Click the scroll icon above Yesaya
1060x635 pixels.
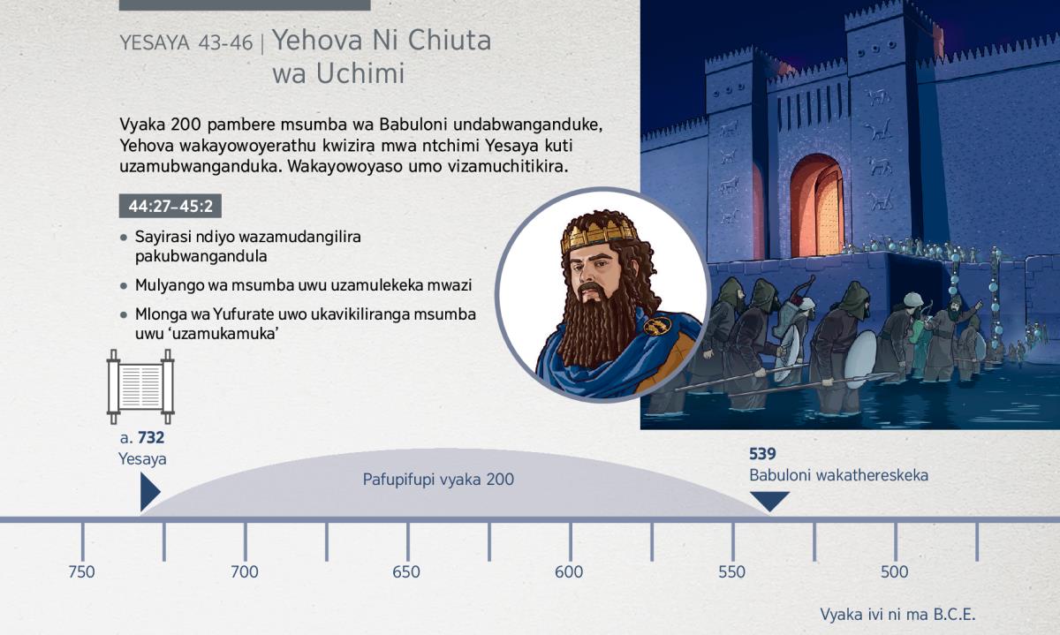[x=140, y=387]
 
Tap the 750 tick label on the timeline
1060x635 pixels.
[x=81, y=572]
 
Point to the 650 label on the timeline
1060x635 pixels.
[x=406, y=572]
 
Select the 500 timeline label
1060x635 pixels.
[x=894, y=572]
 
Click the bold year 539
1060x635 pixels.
[x=762, y=454]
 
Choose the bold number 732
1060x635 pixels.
[x=151, y=438]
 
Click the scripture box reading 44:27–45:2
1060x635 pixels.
[x=170, y=206]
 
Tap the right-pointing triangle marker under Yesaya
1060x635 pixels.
[x=150, y=492]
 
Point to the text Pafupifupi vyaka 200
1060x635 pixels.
[x=438, y=480]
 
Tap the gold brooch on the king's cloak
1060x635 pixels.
[x=657, y=325]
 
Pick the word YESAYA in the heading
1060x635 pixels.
[x=155, y=43]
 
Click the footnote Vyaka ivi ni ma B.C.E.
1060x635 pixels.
[x=897, y=614]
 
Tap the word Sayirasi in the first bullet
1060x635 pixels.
[x=163, y=237]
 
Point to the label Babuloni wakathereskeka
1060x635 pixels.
[x=838, y=475]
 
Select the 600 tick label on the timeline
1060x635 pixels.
[x=569, y=572]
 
